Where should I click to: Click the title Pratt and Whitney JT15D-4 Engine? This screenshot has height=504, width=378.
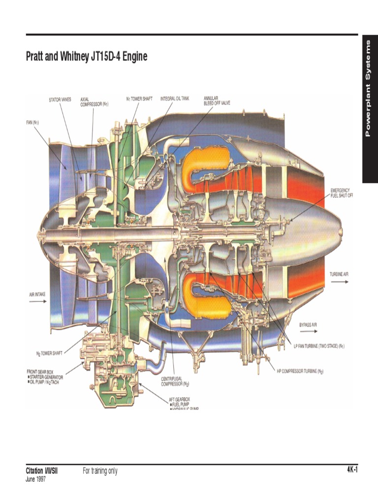coord(86,57)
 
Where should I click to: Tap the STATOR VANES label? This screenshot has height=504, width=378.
coord(60,99)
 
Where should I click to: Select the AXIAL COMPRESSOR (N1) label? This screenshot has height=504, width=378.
coord(94,101)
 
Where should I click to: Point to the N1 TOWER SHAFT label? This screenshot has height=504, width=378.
coord(139,99)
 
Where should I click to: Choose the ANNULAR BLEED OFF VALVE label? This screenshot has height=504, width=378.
coord(217,101)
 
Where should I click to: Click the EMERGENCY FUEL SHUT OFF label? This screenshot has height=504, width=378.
coord(342,192)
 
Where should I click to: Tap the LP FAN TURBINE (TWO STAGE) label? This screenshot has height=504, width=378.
coord(319,346)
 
